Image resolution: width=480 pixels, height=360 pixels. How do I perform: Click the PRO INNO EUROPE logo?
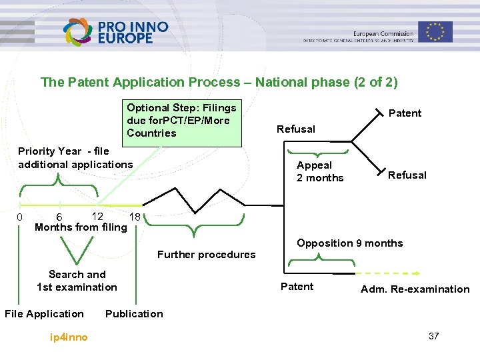point(115,31)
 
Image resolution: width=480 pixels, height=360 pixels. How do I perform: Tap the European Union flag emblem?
point(435,31)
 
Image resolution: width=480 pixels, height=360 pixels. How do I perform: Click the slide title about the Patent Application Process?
point(219,83)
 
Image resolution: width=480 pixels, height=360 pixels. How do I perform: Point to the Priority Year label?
point(75,158)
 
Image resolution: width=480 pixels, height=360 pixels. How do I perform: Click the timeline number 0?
point(20,217)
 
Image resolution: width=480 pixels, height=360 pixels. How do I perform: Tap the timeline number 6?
point(59,217)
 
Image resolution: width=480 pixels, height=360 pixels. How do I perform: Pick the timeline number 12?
point(97,216)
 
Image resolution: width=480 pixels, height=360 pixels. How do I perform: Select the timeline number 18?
point(135,217)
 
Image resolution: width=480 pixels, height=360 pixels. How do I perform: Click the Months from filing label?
point(81,227)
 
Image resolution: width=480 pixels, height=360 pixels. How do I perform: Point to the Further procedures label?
point(206,255)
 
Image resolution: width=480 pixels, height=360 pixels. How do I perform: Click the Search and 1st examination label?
point(77,281)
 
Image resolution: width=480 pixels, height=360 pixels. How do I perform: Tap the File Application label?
point(45,314)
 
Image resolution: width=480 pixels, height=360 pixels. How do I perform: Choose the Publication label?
point(134,314)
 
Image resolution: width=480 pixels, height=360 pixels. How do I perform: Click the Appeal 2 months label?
point(320,171)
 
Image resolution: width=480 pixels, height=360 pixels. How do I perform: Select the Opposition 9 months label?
point(350,243)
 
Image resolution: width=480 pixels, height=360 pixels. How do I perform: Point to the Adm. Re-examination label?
point(415,289)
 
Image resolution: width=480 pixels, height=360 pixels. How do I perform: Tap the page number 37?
point(433,336)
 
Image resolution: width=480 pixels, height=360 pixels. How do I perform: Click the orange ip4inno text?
point(69,337)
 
